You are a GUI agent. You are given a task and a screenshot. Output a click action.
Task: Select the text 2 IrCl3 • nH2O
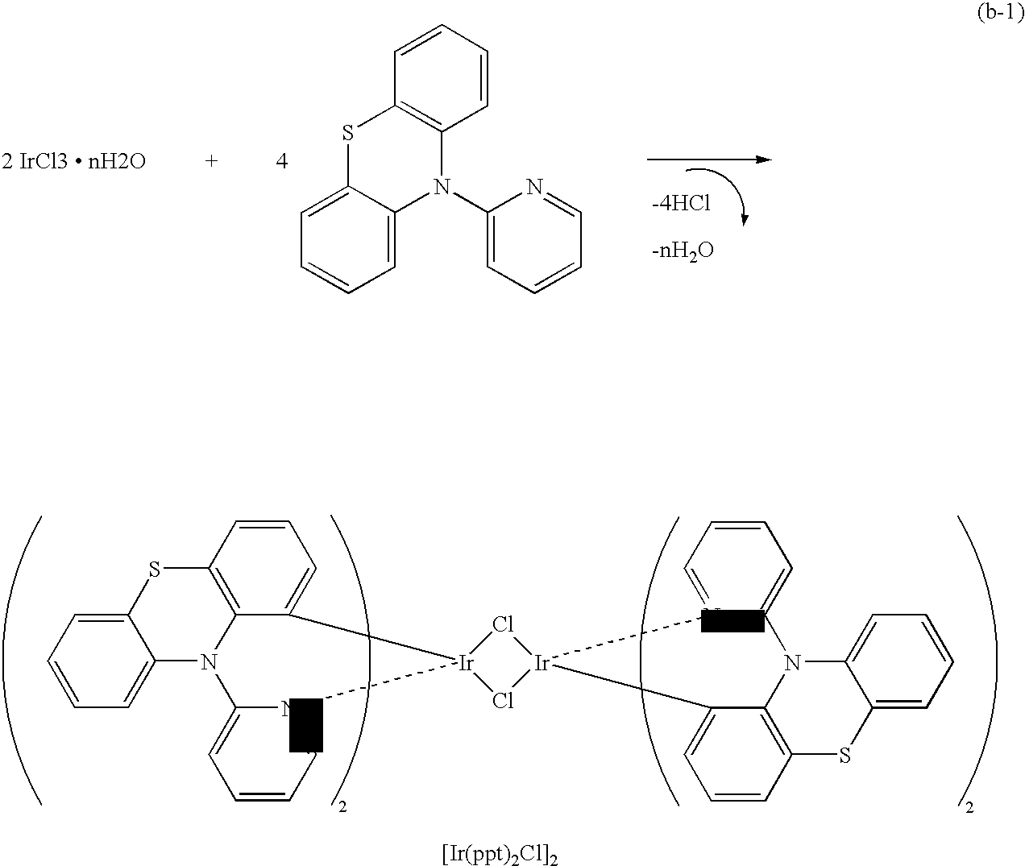tap(73, 162)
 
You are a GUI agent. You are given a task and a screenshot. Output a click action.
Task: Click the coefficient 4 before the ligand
tap(281, 162)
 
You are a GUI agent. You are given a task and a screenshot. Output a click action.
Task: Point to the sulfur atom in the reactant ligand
tap(347, 133)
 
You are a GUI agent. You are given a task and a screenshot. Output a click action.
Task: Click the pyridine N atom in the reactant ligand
tap(533, 188)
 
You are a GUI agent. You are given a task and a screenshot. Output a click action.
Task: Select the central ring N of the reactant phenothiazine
tap(439, 188)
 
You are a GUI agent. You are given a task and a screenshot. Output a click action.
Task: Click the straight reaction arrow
tap(709, 160)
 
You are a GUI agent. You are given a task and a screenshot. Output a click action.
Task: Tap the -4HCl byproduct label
tap(680, 204)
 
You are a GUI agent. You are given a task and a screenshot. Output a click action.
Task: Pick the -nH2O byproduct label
tap(683, 251)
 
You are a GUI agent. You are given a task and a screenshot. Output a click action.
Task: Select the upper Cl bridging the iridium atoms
tap(503, 624)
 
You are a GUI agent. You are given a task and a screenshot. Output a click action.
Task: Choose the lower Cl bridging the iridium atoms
tap(503, 701)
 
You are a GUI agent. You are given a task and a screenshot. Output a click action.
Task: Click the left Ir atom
tap(466, 663)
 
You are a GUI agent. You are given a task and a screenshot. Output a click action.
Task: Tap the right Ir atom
tap(542, 663)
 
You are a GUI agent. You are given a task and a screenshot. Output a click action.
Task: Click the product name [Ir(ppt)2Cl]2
tap(500, 853)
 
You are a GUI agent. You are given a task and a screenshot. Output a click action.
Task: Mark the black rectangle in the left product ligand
tap(306, 724)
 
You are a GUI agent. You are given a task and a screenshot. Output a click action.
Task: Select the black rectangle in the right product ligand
tap(732, 621)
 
